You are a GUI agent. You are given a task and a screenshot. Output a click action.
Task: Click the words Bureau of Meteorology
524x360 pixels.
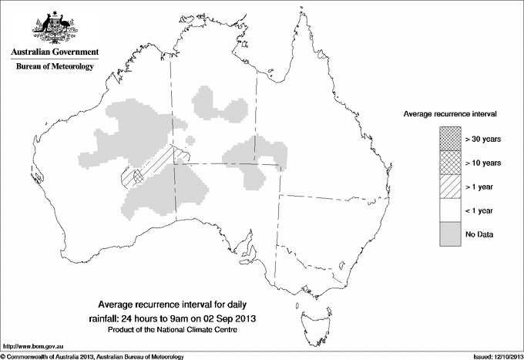(55, 67)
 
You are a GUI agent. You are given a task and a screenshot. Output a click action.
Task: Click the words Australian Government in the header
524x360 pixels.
(55, 52)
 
